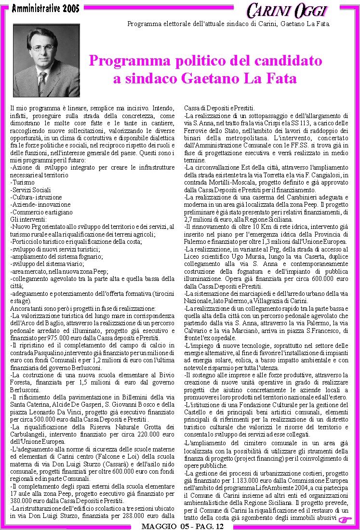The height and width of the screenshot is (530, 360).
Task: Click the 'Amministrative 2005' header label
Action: (46, 8)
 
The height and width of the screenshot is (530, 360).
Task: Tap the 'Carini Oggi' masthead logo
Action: (287, 10)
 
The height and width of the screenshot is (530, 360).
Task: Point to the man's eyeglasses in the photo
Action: (43, 48)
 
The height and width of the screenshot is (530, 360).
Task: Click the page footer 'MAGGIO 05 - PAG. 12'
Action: (182, 526)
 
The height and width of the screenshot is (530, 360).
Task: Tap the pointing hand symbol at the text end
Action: (345, 518)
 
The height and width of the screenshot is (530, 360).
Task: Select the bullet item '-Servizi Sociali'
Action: (30, 190)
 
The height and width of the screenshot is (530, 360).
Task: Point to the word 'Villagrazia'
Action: (286, 301)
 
